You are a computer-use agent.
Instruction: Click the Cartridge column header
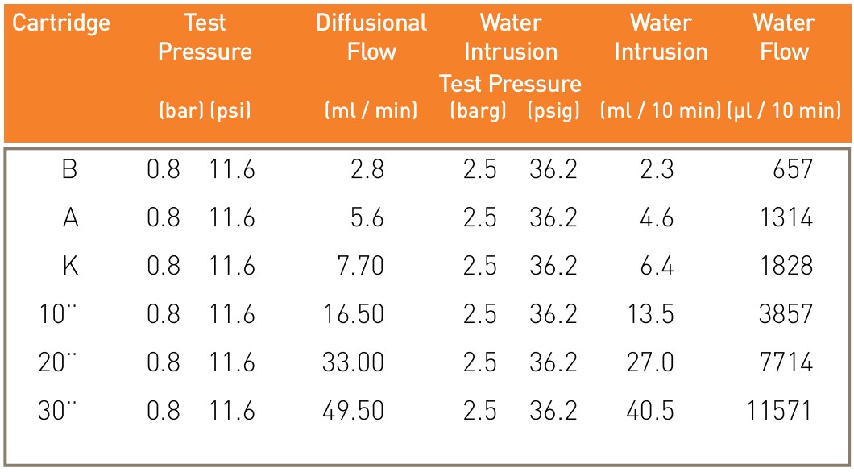(x=61, y=23)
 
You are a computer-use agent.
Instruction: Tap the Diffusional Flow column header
(x=371, y=38)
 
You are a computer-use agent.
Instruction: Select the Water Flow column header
(x=784, y=38)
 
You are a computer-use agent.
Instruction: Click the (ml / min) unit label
(x=371, y=111)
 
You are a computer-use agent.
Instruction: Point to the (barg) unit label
(x=479, y=111)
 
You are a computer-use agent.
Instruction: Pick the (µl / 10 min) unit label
(x=784, y=111)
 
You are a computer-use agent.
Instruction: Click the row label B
(x=70, y=171)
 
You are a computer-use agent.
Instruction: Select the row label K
(x=71, y=267)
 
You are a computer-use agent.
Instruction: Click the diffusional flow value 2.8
(x=367, y=171)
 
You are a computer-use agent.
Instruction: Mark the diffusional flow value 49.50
(x=353, y=410)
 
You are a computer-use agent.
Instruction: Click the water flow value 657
(x=793, y=171)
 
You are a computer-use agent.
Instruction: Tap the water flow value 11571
(x=780, y=410)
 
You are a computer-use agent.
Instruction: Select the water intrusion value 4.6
(x=657, y=218)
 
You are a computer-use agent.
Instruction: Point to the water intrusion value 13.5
(x=650, y=314)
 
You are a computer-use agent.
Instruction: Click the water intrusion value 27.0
(x=650, y=362)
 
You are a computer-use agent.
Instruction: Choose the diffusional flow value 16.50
(x=354, y=314)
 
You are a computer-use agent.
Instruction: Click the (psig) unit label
(x=553, y=111)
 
